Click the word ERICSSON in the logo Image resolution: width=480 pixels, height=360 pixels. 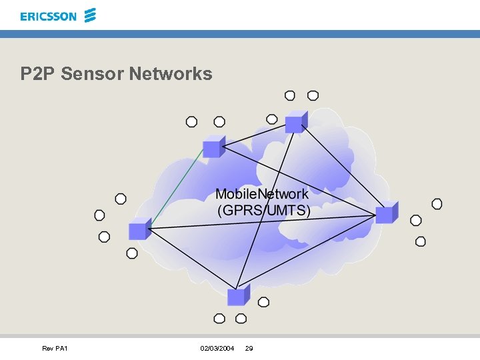[x=48, y=16]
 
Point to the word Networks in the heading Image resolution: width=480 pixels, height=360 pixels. [x=170, y=73]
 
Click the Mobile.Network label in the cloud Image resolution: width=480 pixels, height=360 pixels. [x=261, y=194]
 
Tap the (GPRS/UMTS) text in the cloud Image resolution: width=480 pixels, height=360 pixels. [x=264, y=211]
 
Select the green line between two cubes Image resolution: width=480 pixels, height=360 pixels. [x=177, y=188]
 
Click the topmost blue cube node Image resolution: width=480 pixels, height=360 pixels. [x=294, y=123]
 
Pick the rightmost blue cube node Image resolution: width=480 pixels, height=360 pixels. [x=385, y=214]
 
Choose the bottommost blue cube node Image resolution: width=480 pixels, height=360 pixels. [x=237, y=296]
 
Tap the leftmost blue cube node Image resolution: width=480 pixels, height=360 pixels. [x=139, y=230]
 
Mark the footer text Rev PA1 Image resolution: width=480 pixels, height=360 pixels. [x=55, y=349]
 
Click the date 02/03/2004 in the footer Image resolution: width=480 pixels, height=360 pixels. [x=217, y=349]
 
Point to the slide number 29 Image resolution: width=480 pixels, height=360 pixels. [x=249, y=349]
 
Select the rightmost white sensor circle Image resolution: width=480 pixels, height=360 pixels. [x=437, y=204]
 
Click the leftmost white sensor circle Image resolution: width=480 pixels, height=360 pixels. [x=99, y=215]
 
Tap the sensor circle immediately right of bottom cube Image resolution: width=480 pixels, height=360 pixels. [x=263, y=302]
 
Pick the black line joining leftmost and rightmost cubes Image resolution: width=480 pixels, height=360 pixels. [x=267, y=222]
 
